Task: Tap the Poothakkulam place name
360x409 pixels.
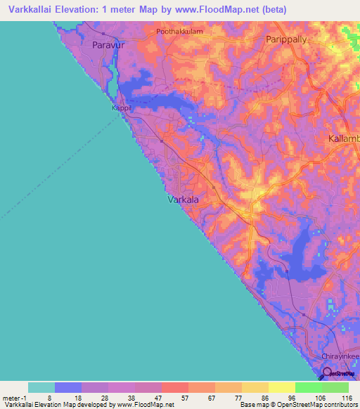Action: pos(180,32)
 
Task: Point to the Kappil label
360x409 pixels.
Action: pos(122,109)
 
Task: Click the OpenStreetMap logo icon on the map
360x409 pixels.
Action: pos(328,372)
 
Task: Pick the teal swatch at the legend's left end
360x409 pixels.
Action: pos(41,387)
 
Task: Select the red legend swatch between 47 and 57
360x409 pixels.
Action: pos(175,387)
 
